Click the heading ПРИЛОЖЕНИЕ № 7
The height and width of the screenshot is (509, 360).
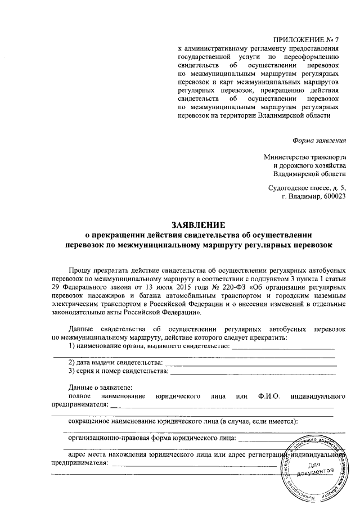click(x=306, y=39)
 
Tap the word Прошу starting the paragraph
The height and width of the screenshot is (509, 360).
click(x=80, y=271)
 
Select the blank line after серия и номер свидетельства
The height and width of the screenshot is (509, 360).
click(x=253, y=372)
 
